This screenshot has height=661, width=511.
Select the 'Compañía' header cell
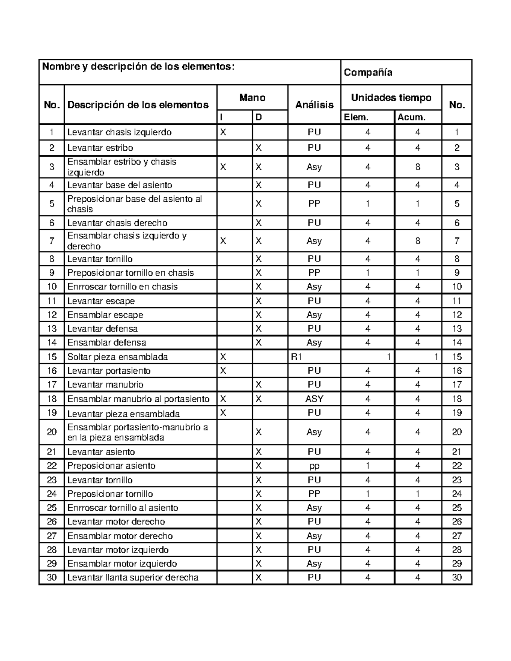pyautogui.click(x=368, y=72)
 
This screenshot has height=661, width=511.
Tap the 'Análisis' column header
pyautogui.click(x=314, y=105)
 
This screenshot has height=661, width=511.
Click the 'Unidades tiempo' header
pyautogui.click(x=391, y=98)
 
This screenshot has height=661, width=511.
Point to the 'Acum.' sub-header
pyautogui.click(x=411, y=117)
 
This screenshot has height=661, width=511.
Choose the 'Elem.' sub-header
pyautogui.click(x=356, y=117)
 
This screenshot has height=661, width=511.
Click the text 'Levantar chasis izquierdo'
pyautogui.click(x=119, y=132)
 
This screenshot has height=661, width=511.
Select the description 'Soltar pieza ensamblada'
pyautogui.click(x=118, y=357)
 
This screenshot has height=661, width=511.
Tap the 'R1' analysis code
pyautogui.click(x=296, y=357)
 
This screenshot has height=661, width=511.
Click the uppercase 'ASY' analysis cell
pyautogui.click(x=314, y=399)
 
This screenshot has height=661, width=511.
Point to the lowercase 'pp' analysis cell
pyautogui.click(x=314, y=466)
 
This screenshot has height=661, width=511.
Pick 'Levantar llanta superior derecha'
pyautogui.click(x=133, y=578)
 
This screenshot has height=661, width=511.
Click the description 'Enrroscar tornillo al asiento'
pyautogui.click(x=123, y=508)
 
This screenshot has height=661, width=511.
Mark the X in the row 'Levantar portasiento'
pyautogui.click(x=223, y=371)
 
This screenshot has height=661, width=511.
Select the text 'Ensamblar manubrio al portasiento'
pyautogui.click(x=138, y=399)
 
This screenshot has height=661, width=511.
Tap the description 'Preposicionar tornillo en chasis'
pyautogui.click(x=130, y=273)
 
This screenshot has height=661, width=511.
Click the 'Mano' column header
pyautogui.click(x=252, y=98)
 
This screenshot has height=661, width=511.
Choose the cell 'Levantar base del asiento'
pyautogui.click(x=120, y=185)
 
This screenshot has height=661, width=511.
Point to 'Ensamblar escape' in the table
pyautogui.click(x=105, y=315)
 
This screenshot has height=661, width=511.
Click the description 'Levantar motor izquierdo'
pyautogui.click(x=118, y=549)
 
